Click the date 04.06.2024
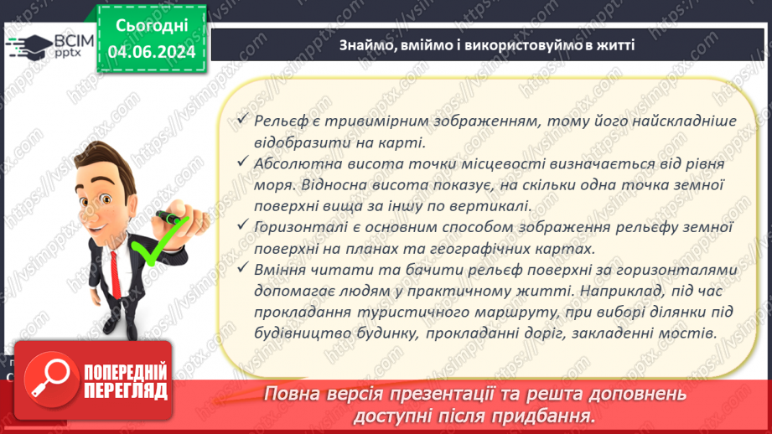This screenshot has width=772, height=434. (x=153, y=51)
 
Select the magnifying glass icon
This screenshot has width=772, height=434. (x=49, y=380)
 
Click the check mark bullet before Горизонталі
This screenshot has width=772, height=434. (x=242, y=226)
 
